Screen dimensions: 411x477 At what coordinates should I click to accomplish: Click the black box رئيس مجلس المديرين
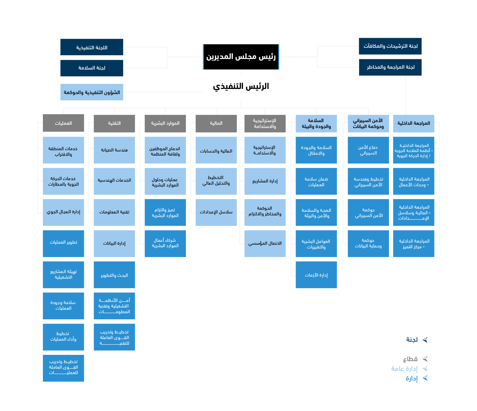pos(241,57)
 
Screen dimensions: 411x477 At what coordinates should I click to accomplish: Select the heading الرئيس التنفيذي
pos(241,86)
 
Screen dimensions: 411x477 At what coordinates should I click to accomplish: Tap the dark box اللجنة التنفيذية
pos(92,47)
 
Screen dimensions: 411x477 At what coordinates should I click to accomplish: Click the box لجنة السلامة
pos(92,68)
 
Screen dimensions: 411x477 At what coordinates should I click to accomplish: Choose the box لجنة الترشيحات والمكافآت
pos(390,46)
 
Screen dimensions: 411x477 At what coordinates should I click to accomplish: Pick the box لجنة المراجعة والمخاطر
pos(390,67)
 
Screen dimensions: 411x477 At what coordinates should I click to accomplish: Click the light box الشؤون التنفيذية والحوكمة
pos(92,92)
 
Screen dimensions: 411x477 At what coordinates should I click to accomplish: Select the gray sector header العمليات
pos(63,123)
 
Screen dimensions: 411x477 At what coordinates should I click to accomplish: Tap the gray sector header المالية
pos(216,123)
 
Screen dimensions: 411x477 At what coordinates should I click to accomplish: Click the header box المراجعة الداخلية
pos(414,123)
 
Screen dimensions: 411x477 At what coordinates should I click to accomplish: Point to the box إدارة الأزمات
pos(316,275)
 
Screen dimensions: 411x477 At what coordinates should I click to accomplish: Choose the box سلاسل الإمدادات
pos(216,212)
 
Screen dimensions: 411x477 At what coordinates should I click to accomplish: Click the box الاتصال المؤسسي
pos(265,243)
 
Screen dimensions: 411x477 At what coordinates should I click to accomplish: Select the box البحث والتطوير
pos(114,275)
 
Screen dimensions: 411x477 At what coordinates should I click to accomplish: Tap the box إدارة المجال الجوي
pos(63,212)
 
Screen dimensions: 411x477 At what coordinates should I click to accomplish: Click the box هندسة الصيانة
pos(114,150)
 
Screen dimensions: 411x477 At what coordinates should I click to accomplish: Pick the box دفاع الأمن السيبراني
pos(368,150)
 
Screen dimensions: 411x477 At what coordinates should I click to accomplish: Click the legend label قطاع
pos(410,359)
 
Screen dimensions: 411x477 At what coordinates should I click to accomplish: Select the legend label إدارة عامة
pos(404,369)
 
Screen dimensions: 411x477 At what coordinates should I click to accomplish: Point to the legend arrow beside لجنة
pos(425,340)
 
